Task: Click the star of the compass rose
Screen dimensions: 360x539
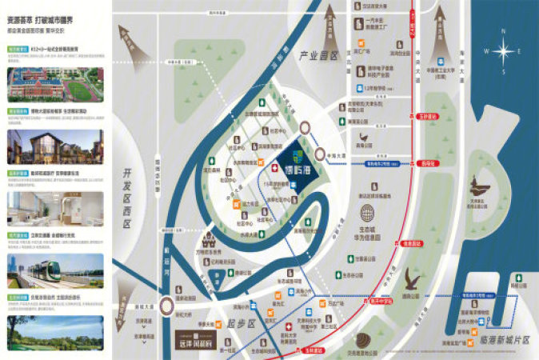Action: click(504, 52)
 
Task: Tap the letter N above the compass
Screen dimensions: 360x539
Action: click(504, 32)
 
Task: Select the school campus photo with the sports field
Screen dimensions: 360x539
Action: click(56, 85)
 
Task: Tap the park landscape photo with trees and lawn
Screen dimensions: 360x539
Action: click(56, 333)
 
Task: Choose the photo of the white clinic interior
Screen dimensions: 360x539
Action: click(56, 210)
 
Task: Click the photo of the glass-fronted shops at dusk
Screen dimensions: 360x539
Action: click(56, 147)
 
